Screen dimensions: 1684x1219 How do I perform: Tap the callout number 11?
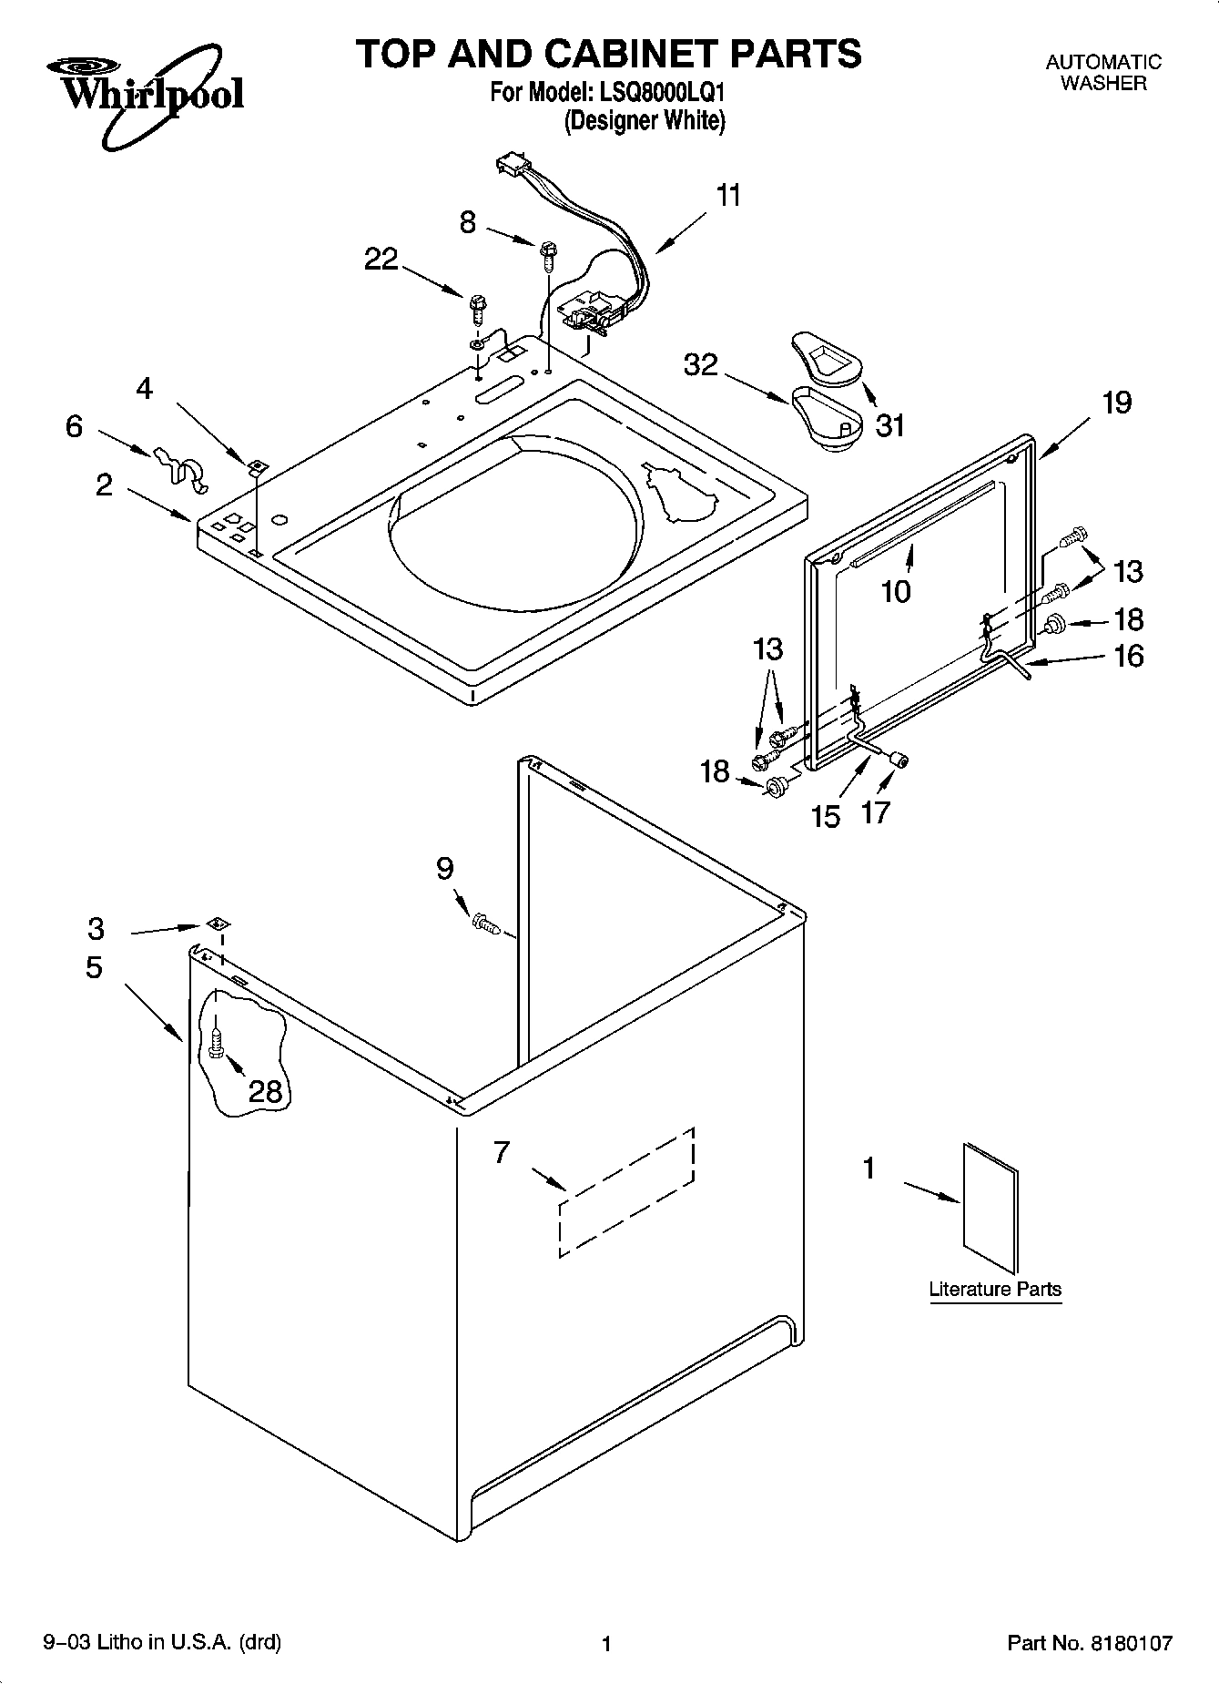pos(728,196)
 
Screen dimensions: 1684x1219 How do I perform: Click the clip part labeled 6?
pos(179,464)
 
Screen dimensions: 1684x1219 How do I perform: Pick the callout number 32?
pos(701,365)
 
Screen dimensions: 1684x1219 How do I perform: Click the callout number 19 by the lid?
pos(1117,403)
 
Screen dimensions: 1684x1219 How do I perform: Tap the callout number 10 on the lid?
pos(896,592)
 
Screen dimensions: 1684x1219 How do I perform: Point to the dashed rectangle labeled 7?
pos(627,1191)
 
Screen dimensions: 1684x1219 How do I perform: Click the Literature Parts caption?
pos(995,1290)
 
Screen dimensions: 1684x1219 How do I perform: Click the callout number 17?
pos(875,812)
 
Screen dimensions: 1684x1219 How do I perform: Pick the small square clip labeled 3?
pos(217,924)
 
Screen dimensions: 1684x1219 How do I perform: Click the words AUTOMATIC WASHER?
pos(1103,73)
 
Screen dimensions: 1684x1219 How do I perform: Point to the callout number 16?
pos(1129,657)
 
